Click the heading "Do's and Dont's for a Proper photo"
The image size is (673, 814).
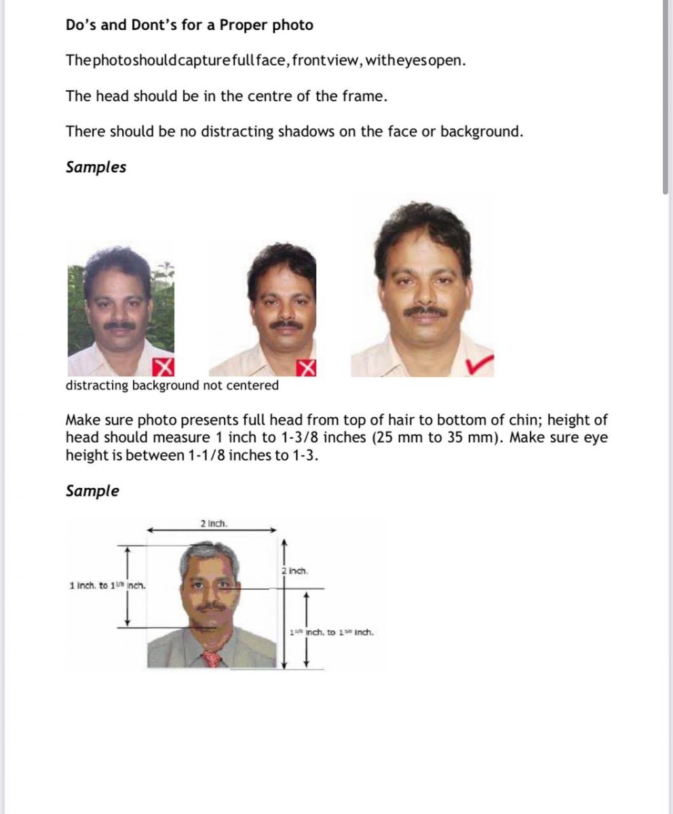189,26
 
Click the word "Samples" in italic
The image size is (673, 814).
96,168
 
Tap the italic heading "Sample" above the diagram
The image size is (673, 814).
92,491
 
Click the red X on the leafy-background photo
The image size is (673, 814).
162,367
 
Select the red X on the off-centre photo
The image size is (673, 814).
307,367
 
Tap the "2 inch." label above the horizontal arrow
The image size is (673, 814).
214,524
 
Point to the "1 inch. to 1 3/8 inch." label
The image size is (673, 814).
107,585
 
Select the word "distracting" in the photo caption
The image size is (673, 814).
96,385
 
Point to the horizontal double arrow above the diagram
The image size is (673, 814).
212,530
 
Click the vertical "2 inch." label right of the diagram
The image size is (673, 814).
295,571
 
